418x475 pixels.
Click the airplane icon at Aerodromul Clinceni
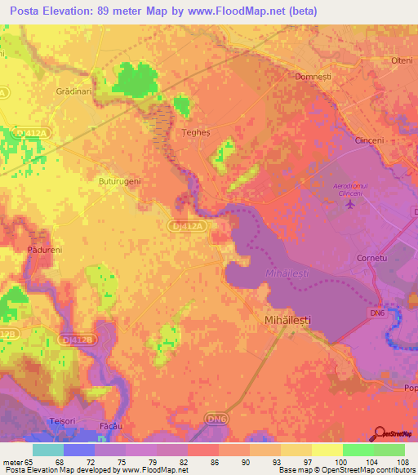[x=351, y=203]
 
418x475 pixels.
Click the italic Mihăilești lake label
[x=287, y=273]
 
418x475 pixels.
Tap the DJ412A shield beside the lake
[x=185, y=223]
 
